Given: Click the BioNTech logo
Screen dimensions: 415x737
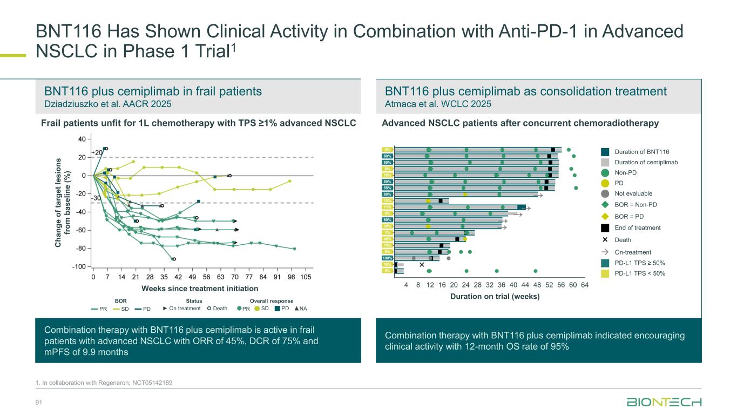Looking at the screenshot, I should click(664, 403).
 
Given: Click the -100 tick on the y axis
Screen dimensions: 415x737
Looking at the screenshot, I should click(79, 266).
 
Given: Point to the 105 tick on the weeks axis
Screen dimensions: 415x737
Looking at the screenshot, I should click(306, 277).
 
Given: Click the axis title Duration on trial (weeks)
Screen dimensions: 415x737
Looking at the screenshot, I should click(495, 296).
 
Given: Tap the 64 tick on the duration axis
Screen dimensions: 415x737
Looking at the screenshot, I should click(585, 285).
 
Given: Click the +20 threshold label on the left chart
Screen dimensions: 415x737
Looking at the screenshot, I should click(97, 153).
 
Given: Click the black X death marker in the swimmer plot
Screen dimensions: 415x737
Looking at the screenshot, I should click(422, 265).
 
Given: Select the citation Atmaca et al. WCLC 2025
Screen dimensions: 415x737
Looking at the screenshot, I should click(438, 104).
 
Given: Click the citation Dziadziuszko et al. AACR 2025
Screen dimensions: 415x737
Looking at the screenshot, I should click(106, 104).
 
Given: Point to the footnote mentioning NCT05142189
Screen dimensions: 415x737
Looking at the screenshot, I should click(104, 383).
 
